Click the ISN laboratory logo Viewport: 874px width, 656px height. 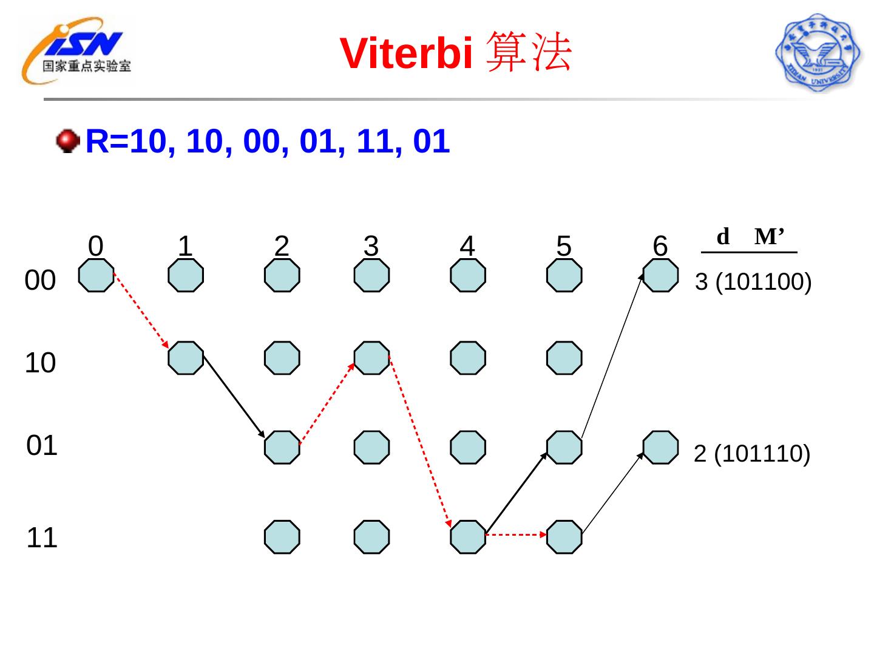77,52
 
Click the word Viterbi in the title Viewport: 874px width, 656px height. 406,53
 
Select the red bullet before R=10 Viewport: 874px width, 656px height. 67,141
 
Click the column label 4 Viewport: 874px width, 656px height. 467,246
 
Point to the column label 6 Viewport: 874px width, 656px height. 660,246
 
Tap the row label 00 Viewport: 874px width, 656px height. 40,281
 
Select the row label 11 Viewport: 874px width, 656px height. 42,538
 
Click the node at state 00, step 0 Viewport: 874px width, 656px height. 97,275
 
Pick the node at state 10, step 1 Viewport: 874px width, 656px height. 186,358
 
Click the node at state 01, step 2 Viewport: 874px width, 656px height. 282,447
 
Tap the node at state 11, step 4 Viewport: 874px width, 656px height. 468,537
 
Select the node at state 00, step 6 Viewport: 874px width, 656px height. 660,275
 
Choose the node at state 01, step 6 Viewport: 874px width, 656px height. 660,447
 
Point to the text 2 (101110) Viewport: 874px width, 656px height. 751,454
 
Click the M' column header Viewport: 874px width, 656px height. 770,236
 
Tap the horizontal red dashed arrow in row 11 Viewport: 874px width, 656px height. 516,535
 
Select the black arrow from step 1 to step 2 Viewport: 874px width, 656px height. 234,396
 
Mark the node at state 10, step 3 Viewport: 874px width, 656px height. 371,358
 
